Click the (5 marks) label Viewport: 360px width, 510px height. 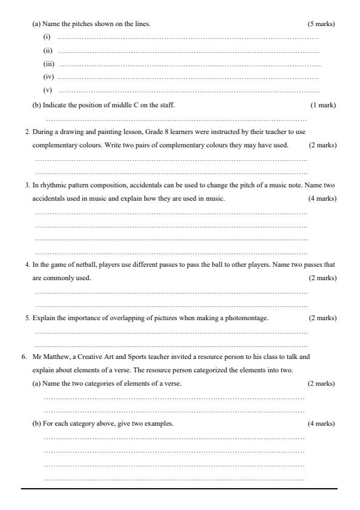321,24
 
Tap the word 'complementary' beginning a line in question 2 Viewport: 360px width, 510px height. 53,146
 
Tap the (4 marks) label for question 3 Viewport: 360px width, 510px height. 322,198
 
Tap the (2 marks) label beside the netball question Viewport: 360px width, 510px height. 322,278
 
